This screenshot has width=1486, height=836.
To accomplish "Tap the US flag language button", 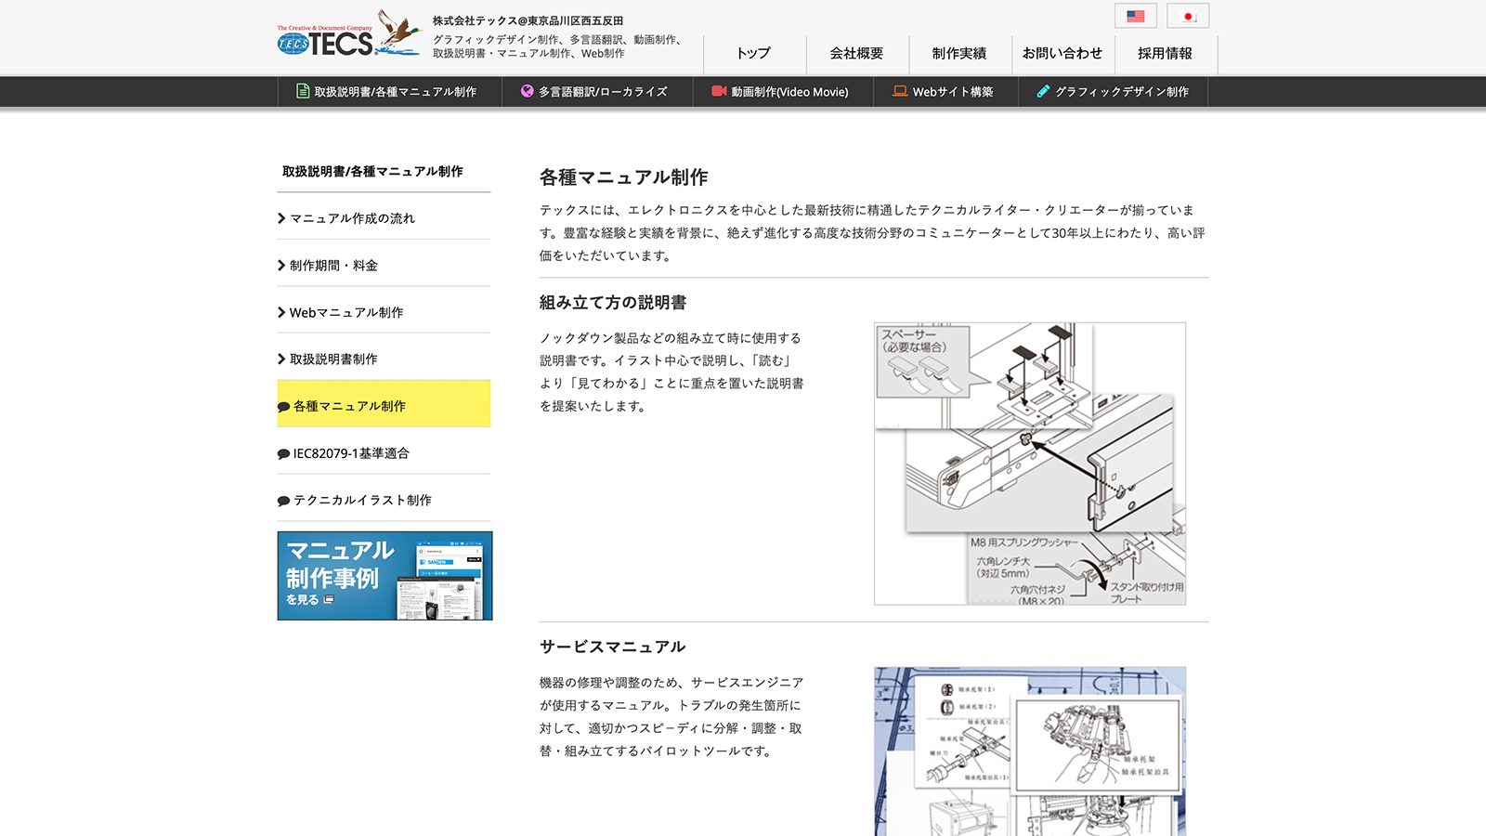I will coord(1135,16).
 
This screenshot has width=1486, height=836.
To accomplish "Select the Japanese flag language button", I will coord(1188,16).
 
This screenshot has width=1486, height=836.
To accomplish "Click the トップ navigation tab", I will coord(753,54).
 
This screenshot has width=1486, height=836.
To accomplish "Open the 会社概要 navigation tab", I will coord(856,54).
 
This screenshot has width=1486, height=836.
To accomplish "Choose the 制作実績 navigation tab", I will coord(959,54).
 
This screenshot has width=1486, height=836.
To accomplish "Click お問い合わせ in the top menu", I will coord(1062,54).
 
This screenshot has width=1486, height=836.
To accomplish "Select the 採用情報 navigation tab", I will coord(1165,54).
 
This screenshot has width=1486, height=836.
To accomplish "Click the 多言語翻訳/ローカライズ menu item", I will coord(594,92).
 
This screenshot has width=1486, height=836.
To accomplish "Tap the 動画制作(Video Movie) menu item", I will coord(780,92).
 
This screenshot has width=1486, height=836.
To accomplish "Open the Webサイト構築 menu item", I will coord(944,92).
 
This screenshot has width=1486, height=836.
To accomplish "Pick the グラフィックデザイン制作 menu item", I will coord(1113,92).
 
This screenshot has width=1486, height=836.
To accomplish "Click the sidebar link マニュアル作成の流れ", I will coord(352,218).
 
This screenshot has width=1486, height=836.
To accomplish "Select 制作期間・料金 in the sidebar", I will coord(333,266).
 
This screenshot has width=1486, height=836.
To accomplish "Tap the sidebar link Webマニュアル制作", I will coord(345,312).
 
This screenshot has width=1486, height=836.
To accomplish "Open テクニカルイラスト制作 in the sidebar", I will coord(362,500).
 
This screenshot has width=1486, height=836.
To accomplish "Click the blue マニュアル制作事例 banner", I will coord(385,576).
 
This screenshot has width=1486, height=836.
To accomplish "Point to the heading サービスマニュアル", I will coord(612,647).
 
